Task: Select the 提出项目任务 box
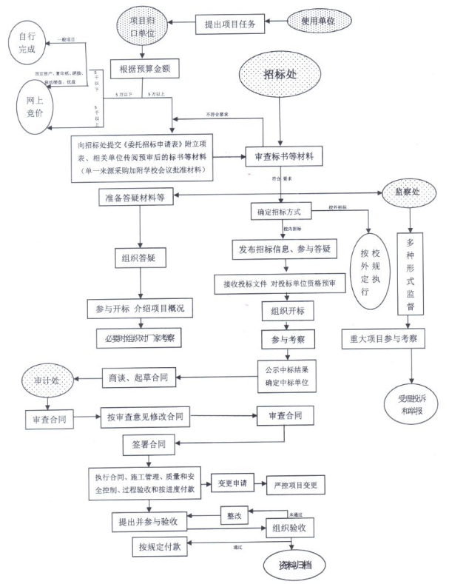click(x=230, y=24)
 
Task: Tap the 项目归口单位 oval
click(x=143, y=24)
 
